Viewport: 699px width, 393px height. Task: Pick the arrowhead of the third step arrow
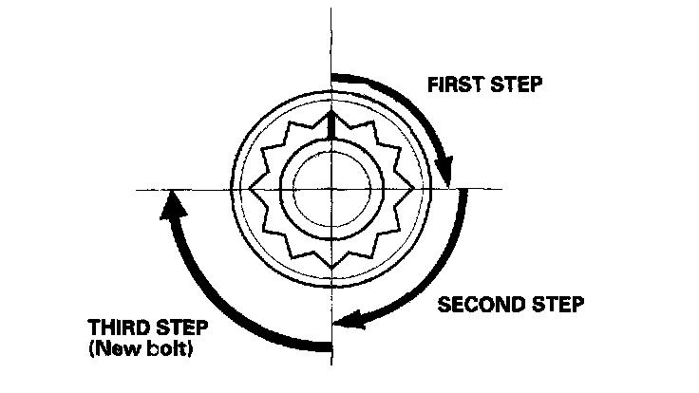coord(171,202)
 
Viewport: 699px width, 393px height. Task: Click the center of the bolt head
coord(330,189)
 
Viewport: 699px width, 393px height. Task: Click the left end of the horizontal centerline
coord(138,189)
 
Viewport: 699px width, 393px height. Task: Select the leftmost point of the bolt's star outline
coord(249,189)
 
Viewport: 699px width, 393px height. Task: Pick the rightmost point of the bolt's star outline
coord(411,189)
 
